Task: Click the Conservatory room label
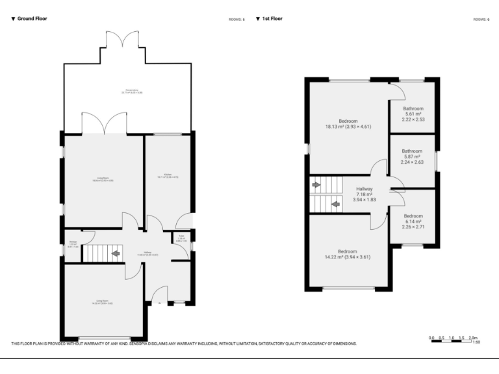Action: (x=132, y=92)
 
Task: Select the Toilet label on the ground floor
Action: (x=181, y=238)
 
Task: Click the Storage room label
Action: (x=73, y=245)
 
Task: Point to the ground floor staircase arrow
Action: (x=115, y=253)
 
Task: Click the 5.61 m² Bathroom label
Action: (x=413, y=114)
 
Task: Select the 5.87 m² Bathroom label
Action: (x=412, y=156)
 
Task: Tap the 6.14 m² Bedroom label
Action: (x=413, y=221)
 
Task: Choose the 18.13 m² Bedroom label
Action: (x=348, y=124)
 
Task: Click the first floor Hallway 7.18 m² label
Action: (x=364, y=194)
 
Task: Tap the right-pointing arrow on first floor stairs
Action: (x=316, y=185)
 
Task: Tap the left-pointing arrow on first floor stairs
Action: (x=335, y=204)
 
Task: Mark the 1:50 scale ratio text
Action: (x=476, y=342)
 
